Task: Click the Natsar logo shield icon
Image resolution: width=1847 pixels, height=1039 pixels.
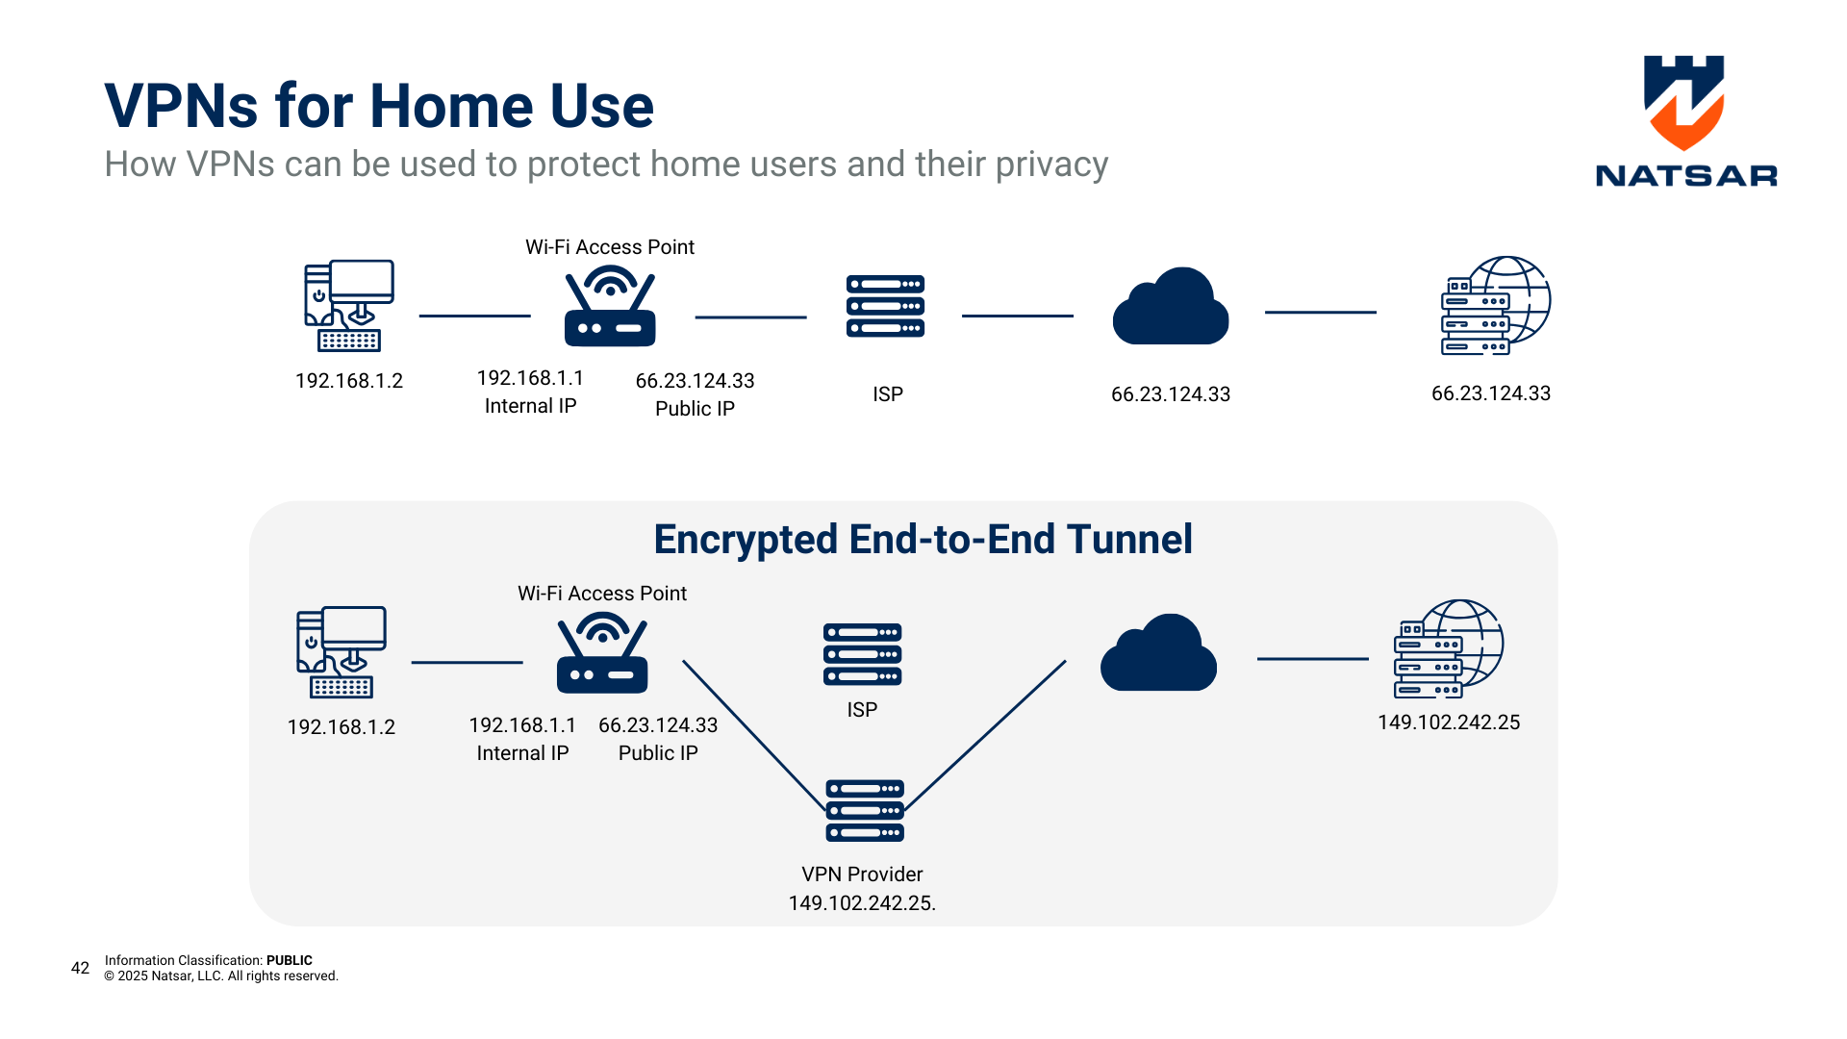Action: pyautogui.click(x=1683, y=102)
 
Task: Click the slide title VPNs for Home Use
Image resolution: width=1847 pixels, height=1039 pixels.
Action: pyautogui.click(x=379, y=106)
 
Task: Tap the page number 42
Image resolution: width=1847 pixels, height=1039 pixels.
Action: pyautogui.click(x=81, y=968)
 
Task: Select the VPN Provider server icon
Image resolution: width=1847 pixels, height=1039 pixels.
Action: pyautogui.click(x=864, y=810)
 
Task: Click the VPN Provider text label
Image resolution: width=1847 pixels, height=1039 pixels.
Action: pyautogui.click(x=862, y=874)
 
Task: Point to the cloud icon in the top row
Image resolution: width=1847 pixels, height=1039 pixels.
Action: pyautogui.click(x=1170, y=308)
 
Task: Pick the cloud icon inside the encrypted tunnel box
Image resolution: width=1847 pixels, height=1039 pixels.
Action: pyautogui.click(x=1158, y=654)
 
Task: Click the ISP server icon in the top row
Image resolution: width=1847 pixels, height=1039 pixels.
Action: pyautogui.click(x=885, y=306)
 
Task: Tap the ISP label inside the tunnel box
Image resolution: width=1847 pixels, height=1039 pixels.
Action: pyautogui.click(x=862, y=710)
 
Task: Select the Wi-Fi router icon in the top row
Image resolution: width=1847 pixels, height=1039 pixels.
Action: pyautogui.click(x=610, y=308)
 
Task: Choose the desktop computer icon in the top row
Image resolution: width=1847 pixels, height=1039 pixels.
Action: pyautogui.click(x=348, y=305)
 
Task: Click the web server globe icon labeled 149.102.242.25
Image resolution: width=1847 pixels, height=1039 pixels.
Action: pyautogui.click(x=1448, y=649)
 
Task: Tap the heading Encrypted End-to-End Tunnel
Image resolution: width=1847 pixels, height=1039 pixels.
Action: pyautogui.click(x=923, y=540)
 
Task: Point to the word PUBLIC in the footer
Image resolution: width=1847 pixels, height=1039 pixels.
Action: pyautogui.click(x=289, y=960)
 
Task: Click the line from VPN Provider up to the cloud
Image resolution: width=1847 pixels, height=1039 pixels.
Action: pyautogui.click(x=986, y=735)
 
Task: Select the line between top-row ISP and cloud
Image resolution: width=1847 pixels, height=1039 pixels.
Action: pyautogui.click(x=1017, y=316)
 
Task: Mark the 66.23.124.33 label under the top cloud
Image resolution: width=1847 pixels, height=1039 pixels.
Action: pyautogui.click(x=1170, y=394)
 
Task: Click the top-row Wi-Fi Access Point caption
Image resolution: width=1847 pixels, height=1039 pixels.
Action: pyautogui.click(x=609, y=247)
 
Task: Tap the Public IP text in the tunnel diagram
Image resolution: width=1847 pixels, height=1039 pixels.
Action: pyautogui.click(x=658, y=753)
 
